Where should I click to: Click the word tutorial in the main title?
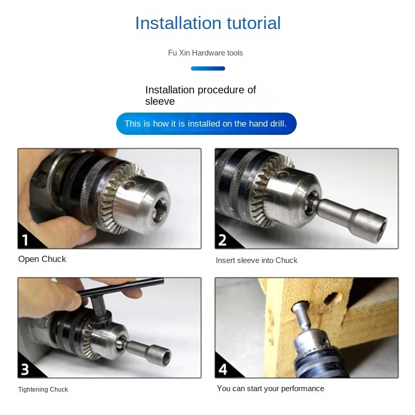[254, 23]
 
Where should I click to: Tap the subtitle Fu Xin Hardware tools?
[205, 53]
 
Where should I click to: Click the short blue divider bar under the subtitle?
[208, 68]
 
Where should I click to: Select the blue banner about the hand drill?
[206, 123]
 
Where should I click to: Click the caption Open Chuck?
[42, 259]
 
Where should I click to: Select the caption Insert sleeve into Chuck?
[256, 260]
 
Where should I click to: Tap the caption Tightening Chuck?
[43, 390]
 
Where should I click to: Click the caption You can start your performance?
[270, 389]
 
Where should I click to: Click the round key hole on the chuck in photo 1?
[129, 185]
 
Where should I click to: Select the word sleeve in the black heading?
[160, 101]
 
